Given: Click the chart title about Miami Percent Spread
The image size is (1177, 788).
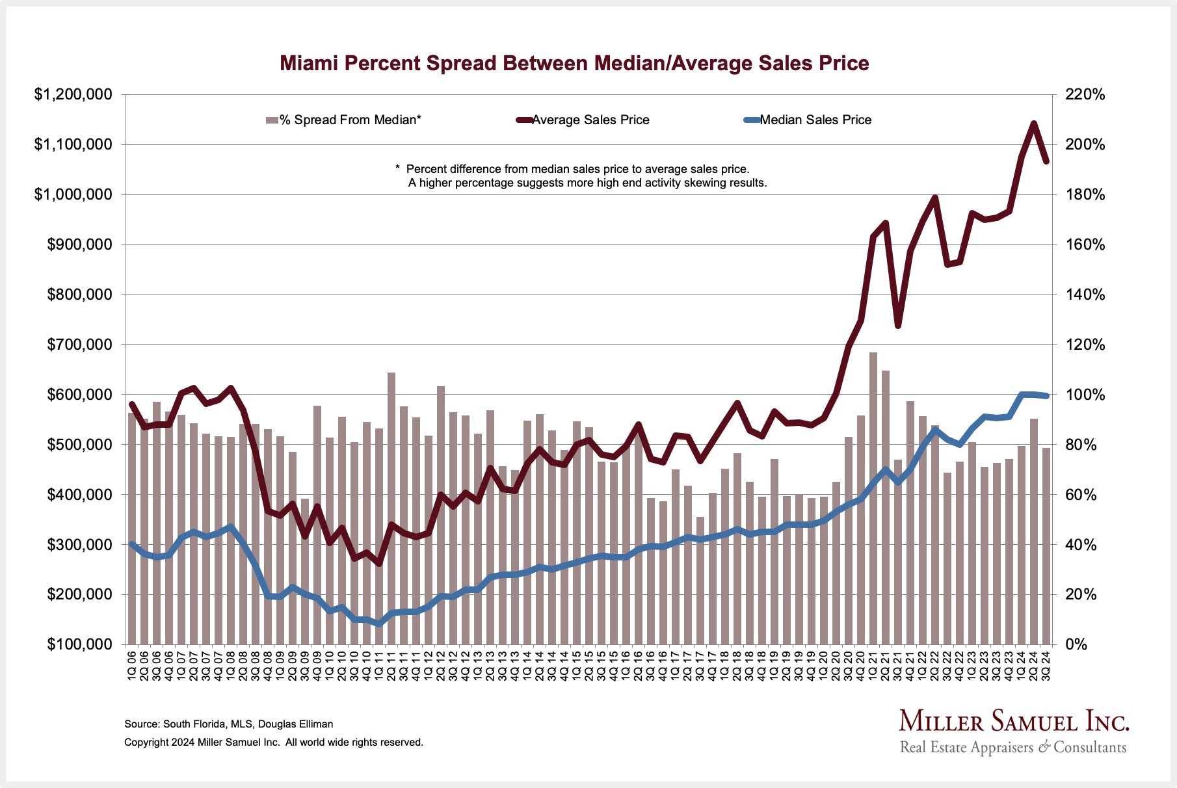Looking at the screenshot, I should click(x=574, y=63).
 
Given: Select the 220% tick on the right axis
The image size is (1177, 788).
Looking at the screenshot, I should click(x=1085, y=95).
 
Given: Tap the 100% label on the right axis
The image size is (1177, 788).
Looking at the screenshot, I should click(x=1085, y=395).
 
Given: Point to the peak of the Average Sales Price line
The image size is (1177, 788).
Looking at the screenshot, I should click(x=1033, y=124).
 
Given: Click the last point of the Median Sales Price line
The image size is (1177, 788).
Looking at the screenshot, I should click(x=1046, y=395).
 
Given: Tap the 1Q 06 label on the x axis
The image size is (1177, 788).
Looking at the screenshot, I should click(x=132, y=666).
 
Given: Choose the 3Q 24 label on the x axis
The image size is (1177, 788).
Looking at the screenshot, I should click(x=1046, y=666).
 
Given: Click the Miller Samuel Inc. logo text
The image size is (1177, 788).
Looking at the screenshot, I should click(x=1014, y=722).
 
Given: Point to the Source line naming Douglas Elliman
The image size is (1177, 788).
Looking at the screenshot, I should click(x=228, y=724).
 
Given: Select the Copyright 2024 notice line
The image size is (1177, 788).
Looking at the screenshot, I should click(x=273, y=742).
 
